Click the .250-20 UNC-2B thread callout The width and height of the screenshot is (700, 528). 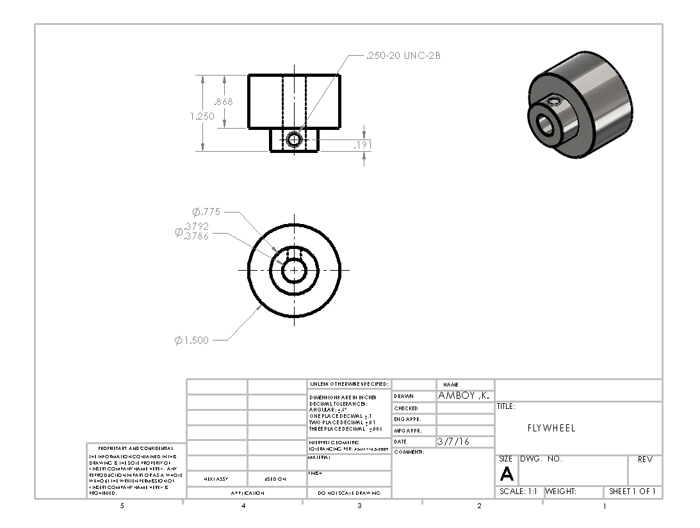pyautogui.click(x=403, y=56)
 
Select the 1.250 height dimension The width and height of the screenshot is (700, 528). pyautogui.click(x=202, y=116)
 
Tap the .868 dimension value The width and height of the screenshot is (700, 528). pyautogui.click(x=224, y=102)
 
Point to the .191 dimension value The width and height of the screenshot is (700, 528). pyautogui.click(x=362, y=146)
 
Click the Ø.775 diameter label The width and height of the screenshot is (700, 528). pyautogui.click(x=206, y=212)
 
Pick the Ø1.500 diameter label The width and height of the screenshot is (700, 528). pyautogui.click(x=191, y=340)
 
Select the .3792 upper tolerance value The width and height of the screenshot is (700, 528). pyautogui.click(x=196, y=227)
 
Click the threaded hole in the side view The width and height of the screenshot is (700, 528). pyautogui.click(x=294, y=139)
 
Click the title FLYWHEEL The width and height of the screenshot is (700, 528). pyautogui.click(x=551, y=428)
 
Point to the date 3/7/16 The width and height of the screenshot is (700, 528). pyautogui.click(x=453, y=442)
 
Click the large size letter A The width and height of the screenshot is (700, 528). pyautogui.click(x=507, y=474)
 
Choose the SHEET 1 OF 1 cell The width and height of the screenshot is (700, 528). pyautogui.click(x=632, y=492)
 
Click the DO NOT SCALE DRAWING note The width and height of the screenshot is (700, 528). pyautogui.click(x=348, y=493)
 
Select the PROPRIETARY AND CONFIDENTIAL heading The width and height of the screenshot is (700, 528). pyautogui.click(x=135, y=448)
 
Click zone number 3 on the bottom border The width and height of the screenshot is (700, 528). pyautogui.click(x=359, y=506)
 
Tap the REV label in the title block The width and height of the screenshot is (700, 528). pyautogui.click(x=644, y=460)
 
